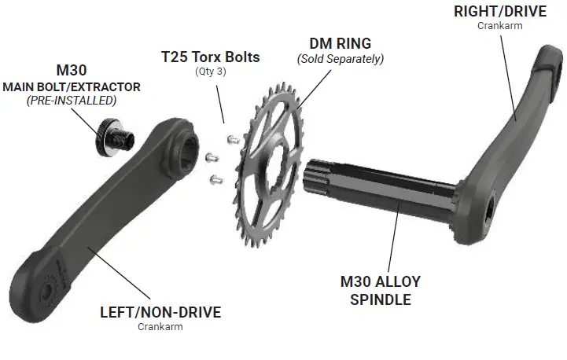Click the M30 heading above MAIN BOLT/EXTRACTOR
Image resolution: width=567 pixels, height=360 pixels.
click(71, 70)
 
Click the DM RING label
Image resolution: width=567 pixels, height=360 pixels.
click(340, 44)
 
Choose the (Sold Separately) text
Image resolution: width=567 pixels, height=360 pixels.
click(340, 59)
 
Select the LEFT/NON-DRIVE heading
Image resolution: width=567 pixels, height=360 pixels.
click(160, 312)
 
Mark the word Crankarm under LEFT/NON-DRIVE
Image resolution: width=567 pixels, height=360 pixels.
click(160, 327)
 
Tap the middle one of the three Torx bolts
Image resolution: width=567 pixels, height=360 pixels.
click(212, 158)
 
